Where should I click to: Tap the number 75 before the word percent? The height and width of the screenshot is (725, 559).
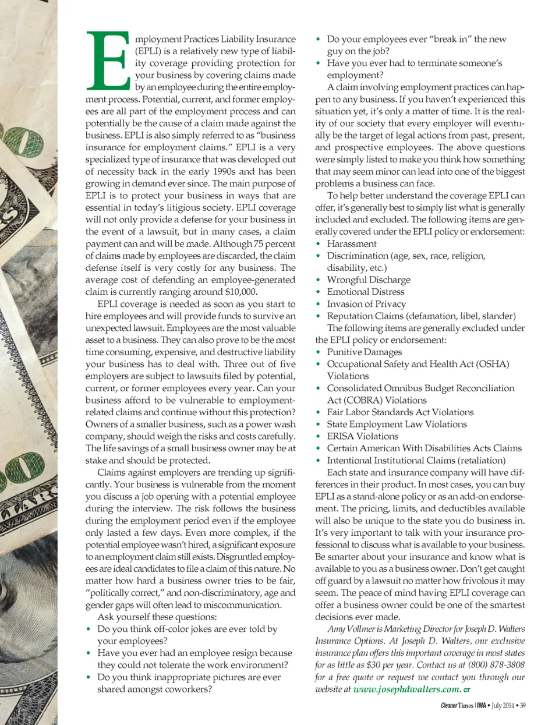click(x=258, y=244)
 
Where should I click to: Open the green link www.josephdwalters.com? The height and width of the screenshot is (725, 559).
click(x=406, y=689)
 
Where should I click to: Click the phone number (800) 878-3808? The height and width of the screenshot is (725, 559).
click(x=496, y=665)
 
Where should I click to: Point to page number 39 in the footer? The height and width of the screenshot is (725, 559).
click(x=522, y=706)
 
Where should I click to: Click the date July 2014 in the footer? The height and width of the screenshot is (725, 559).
click(x=503, y=706)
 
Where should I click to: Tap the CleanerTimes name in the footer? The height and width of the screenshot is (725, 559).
click(x=457, y=706)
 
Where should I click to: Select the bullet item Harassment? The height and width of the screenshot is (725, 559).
click(x=351, y=244)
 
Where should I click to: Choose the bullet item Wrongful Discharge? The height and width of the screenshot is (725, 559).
click(x=368, y=280)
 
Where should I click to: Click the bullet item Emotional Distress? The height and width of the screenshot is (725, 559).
click(x=365, y=292)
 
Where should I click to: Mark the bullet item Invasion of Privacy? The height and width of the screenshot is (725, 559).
click(x=366, y=304)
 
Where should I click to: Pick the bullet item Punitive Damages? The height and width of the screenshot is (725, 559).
click(x=364, y=352)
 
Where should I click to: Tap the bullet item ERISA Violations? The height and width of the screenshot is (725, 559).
click(x=362, y=436)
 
